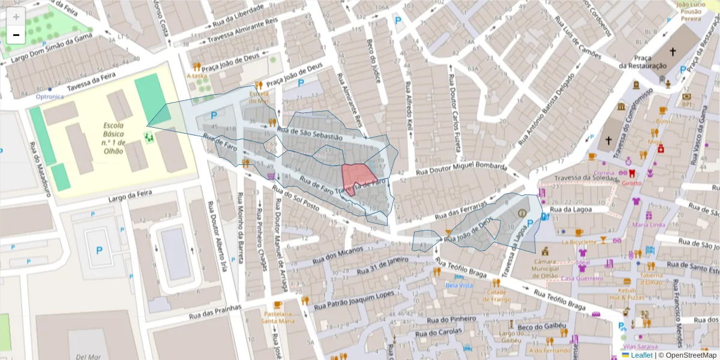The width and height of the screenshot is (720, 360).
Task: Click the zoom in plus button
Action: coord(16,16)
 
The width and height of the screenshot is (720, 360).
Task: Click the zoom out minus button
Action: coord(16,35)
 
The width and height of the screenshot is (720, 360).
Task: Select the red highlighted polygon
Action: coord(358,176)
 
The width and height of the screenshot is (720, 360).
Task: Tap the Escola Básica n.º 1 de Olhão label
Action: coord(113,138)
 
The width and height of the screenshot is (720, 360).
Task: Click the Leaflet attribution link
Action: coord(641,355)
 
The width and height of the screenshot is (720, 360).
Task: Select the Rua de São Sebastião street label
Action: coord(310,133)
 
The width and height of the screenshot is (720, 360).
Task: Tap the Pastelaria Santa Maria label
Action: coord(278,317)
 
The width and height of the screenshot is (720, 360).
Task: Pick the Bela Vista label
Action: coord(459,286)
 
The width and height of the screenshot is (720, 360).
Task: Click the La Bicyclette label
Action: coord(579,242)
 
